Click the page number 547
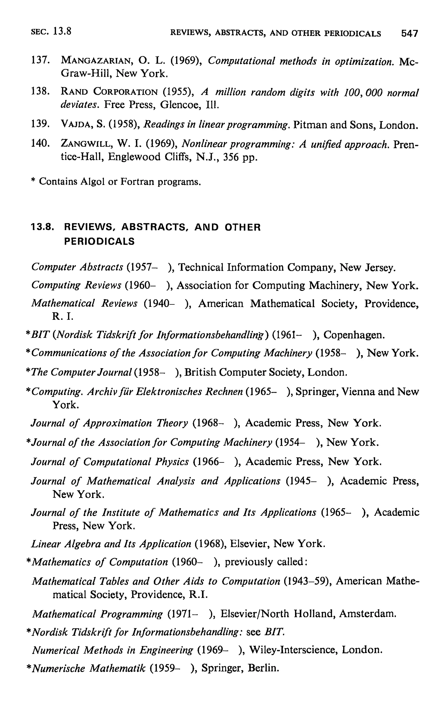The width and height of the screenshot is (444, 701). (409, 33)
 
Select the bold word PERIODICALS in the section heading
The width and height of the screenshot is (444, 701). (99, 241)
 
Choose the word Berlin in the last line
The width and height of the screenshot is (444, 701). (263, 668)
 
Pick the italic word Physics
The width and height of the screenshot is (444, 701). (172, 462)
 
